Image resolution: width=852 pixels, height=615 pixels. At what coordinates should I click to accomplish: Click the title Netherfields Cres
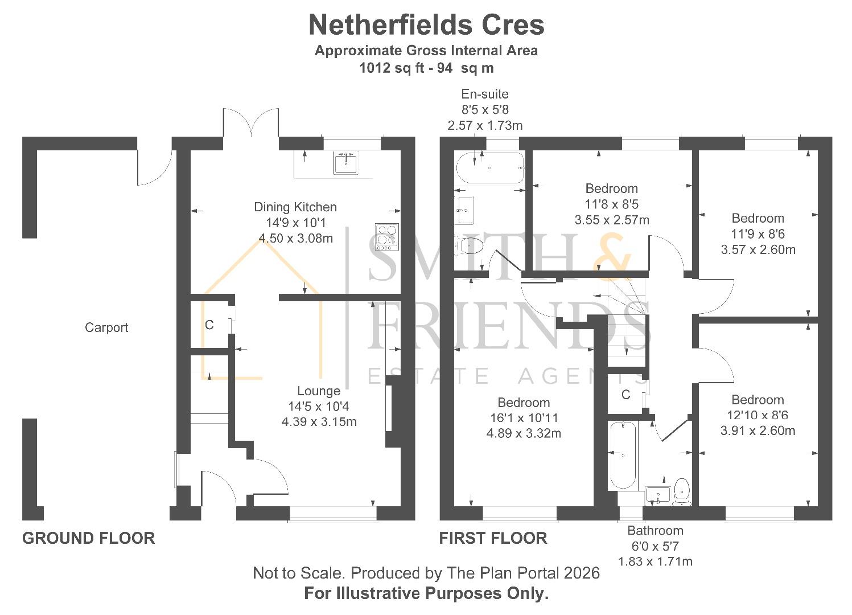426,25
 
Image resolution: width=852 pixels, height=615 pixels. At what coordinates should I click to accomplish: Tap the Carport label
106,327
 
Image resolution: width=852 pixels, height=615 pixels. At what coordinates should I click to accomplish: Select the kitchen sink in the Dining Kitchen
345,163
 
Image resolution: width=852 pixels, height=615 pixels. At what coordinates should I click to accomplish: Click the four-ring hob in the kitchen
387,237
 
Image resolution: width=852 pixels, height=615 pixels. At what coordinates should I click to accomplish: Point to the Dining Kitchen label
295,207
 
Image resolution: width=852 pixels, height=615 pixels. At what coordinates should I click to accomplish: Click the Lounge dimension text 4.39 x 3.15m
319,422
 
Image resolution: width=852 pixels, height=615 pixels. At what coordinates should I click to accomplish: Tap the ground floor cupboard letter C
209,325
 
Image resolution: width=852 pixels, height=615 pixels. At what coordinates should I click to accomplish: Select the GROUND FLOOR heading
88,538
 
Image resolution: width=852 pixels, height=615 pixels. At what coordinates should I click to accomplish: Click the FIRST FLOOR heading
493,538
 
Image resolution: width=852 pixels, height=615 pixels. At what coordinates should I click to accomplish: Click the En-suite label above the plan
485,94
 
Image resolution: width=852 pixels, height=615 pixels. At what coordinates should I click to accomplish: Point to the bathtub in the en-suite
489,168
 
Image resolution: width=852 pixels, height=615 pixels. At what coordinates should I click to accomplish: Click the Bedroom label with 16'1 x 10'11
524,403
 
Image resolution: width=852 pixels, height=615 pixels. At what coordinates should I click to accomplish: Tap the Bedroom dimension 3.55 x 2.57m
612,220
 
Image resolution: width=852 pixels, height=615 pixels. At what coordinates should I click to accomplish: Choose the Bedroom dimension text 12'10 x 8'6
758,415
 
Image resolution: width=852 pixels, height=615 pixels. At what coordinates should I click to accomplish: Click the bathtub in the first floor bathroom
622,456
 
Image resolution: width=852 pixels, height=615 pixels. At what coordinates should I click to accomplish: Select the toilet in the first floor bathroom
682,491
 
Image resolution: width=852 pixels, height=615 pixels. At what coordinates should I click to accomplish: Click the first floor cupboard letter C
625,395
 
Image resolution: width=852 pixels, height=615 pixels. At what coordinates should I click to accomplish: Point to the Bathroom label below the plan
655,531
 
